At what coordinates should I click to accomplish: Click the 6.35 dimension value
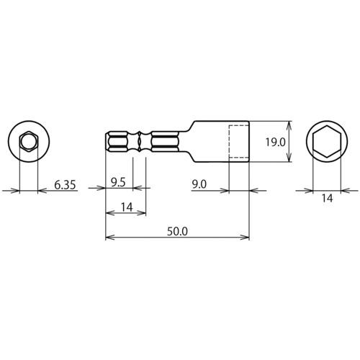[x=65, y=185]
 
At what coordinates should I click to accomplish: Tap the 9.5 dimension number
[x=118, y=183]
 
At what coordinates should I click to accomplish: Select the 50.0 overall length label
[x=177, y=231]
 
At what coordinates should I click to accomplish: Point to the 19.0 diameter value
[x=275, y=142]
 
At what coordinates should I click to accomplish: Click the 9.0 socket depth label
[x=199, y=184]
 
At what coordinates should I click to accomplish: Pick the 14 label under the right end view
[x=327, y=198]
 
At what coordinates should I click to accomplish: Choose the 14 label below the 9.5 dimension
[x=127, y=207]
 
